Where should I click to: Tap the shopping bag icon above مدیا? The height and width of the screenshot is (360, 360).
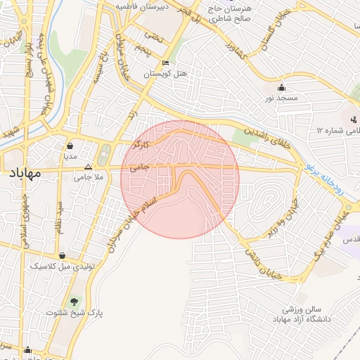point(71,147)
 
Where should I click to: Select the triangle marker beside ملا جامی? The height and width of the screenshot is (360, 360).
point(88,167)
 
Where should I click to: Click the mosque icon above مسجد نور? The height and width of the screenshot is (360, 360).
point(282,88)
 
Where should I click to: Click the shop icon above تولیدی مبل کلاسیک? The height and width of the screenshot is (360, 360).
point(64,256)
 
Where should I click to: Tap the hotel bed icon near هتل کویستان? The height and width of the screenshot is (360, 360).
point(165,63)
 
